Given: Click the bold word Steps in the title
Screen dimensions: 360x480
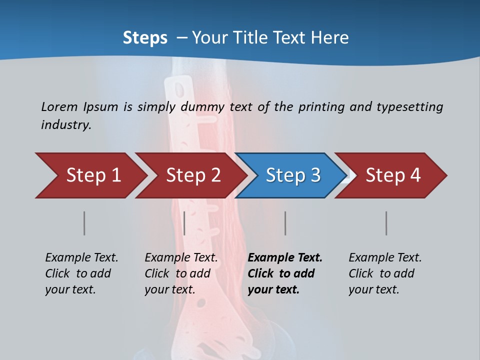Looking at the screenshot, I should pos(145,38).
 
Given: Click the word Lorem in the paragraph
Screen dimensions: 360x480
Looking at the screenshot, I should pos(59,106).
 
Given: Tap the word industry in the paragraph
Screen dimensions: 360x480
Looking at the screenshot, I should pos(66,124).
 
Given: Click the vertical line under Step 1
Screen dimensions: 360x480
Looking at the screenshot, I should pos(84,223).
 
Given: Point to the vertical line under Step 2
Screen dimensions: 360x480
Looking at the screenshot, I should pos(184,223).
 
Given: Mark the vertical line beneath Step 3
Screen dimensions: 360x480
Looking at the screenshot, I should pos(285,223).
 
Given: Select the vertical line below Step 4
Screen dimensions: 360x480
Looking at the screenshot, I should pos(386,223).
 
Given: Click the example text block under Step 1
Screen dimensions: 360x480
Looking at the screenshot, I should pos(81,273).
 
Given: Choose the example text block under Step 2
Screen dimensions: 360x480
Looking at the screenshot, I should pos(181,273).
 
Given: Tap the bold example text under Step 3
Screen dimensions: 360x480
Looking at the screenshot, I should pos(285,273).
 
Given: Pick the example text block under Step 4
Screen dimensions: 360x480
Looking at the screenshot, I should pos(385,273).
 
